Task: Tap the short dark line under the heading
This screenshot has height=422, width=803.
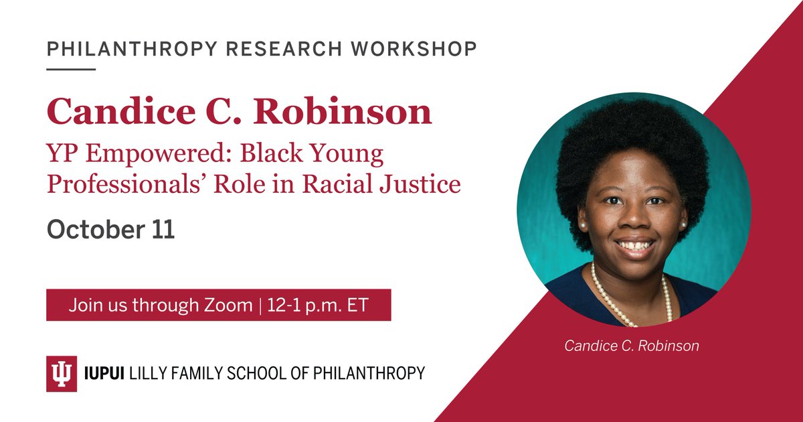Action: tap(71, 68)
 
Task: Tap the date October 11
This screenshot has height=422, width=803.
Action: tap(110, 230)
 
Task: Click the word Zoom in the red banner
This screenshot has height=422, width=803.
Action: tap(228, 305)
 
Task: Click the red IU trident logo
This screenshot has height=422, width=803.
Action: tap(62, 373)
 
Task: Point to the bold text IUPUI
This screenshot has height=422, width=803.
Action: tap(108, 373)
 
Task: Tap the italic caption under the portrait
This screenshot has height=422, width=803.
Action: tap(632, 346)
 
